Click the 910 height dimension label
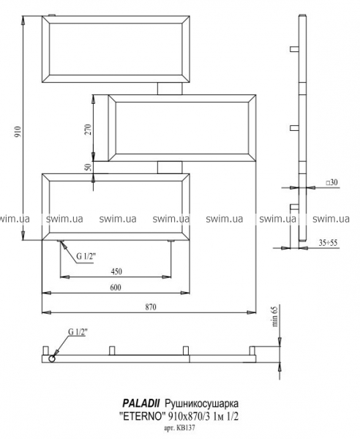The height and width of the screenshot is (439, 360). tap(18, 131)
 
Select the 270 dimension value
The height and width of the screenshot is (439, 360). tap(88, 130)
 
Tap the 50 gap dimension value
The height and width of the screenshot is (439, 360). tap(88, 167)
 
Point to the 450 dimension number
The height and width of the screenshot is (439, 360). tap(116, 271)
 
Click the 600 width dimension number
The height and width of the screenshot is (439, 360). tap(116, 288)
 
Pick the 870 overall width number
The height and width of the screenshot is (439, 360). tap(151, 307)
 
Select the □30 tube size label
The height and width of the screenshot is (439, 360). tap(331, 182)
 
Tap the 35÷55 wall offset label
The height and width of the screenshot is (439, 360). tap(328, 243)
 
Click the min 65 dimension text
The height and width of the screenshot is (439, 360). tap(275, 316)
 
